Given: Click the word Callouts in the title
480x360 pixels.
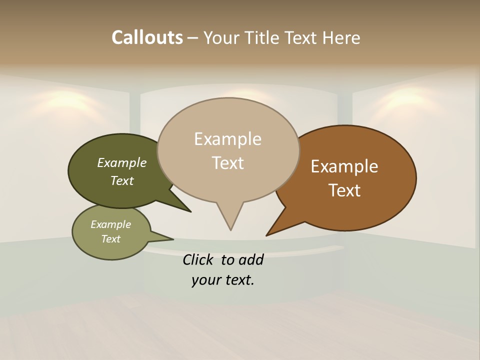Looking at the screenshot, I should click(x=147, y=37).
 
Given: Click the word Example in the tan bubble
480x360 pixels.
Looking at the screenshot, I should click(x=227, y=139).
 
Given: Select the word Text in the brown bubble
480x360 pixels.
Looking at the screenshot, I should click(x=344, y=190).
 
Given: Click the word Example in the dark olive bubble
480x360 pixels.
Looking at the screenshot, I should click(x=122, y=163).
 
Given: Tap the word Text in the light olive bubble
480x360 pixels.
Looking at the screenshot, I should click(x=110, y=239).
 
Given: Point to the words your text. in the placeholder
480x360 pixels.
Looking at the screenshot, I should click(x=223, y=280).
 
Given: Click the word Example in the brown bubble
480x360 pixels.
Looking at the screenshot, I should click(x=344, y=166).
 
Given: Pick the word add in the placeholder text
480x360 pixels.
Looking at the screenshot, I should click(x=250, y=259).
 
